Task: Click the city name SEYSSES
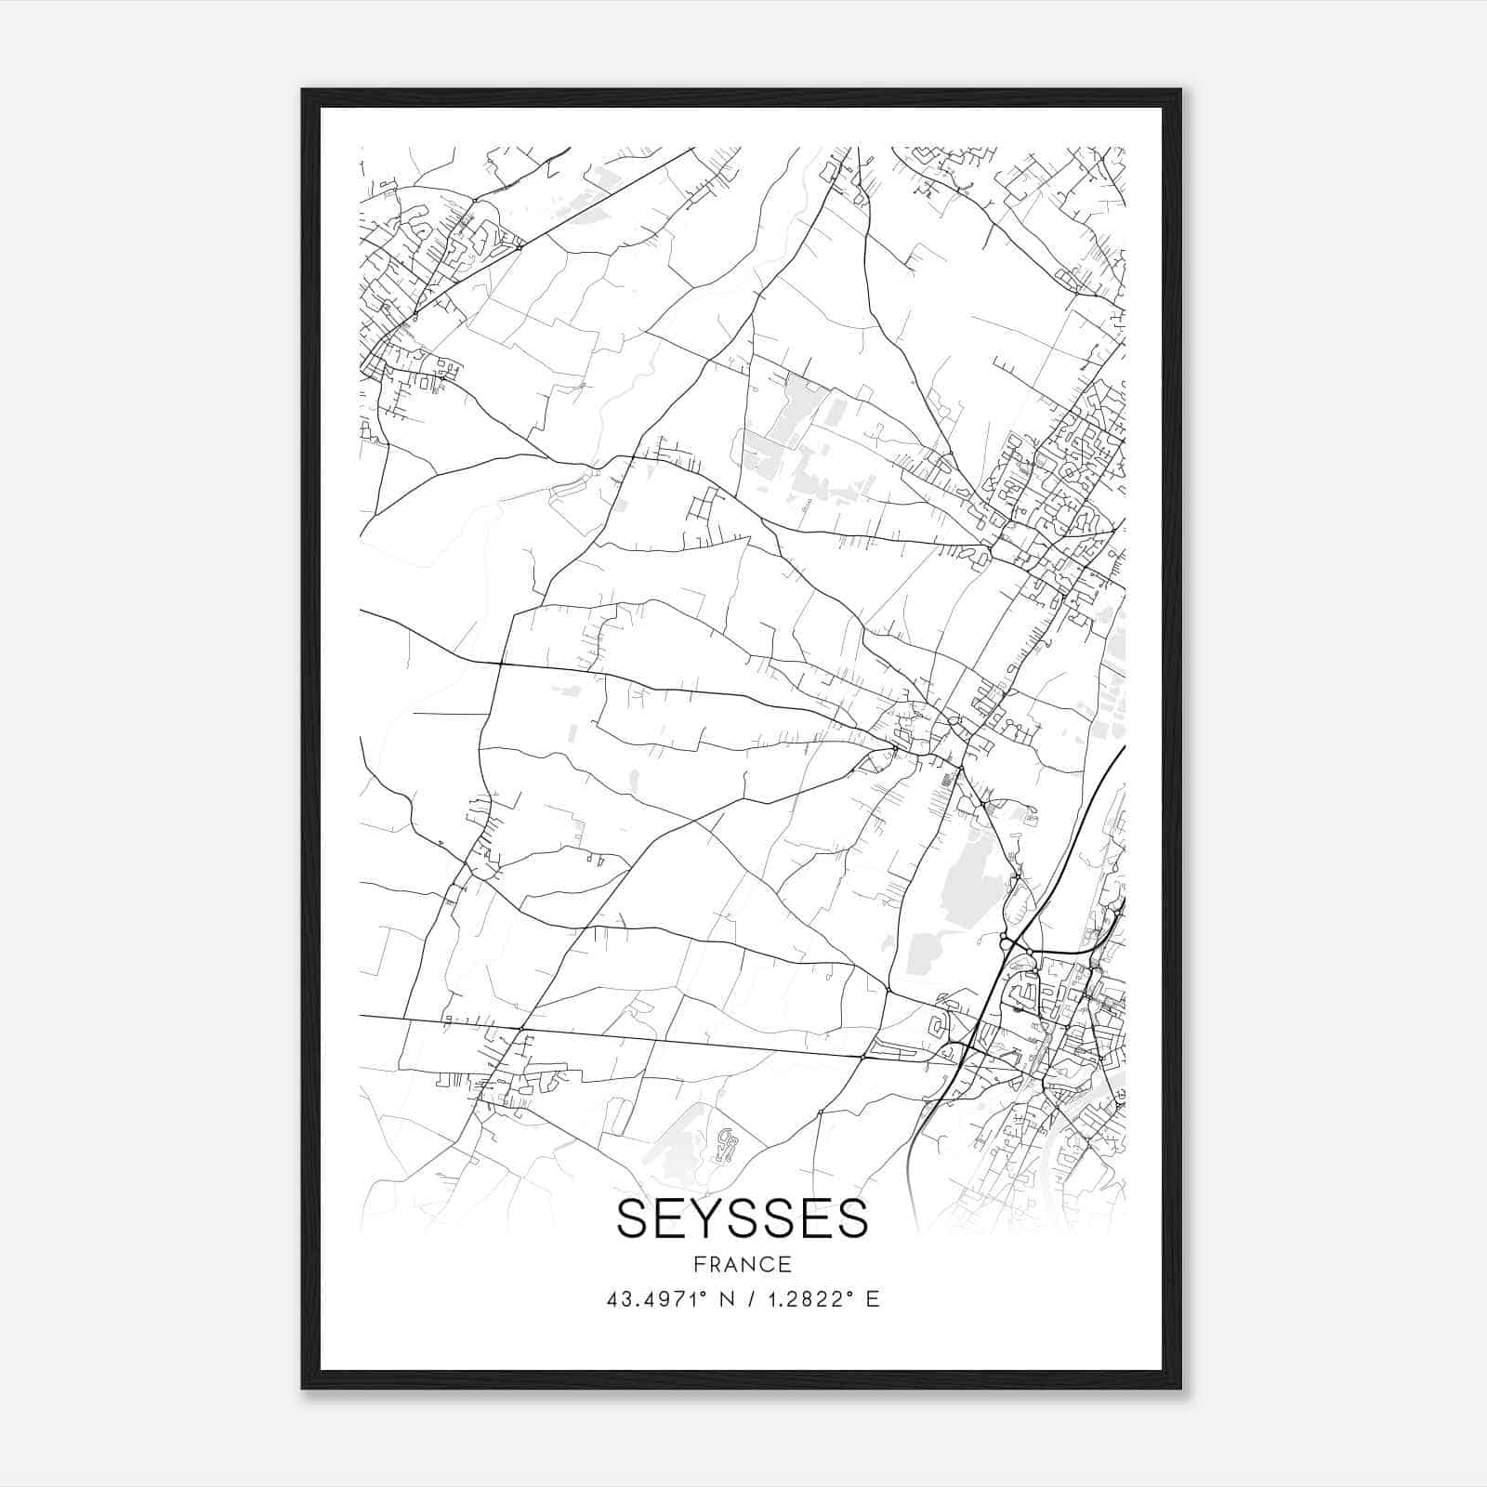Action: coord(742,1218)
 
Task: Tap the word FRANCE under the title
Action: coord(742,1265)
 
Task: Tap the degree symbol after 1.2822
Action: coord(850,1294)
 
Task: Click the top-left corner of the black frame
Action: coord(303,90)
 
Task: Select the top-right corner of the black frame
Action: coord(1180,90)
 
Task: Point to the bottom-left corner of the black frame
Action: coord(303,1388)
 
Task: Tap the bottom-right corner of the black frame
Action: coord(1180,1388)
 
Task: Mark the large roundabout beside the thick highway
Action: coord(1006,944)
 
